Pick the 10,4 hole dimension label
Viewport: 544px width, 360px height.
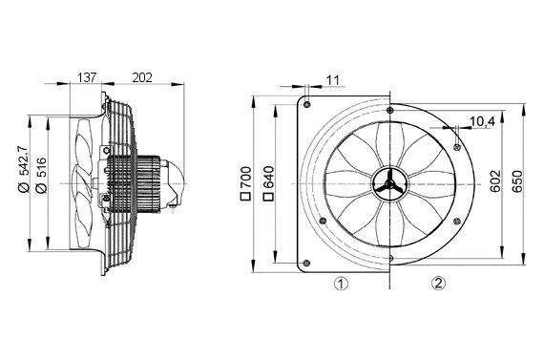pos(483,120)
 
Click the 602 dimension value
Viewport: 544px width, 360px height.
pos(494,181)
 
